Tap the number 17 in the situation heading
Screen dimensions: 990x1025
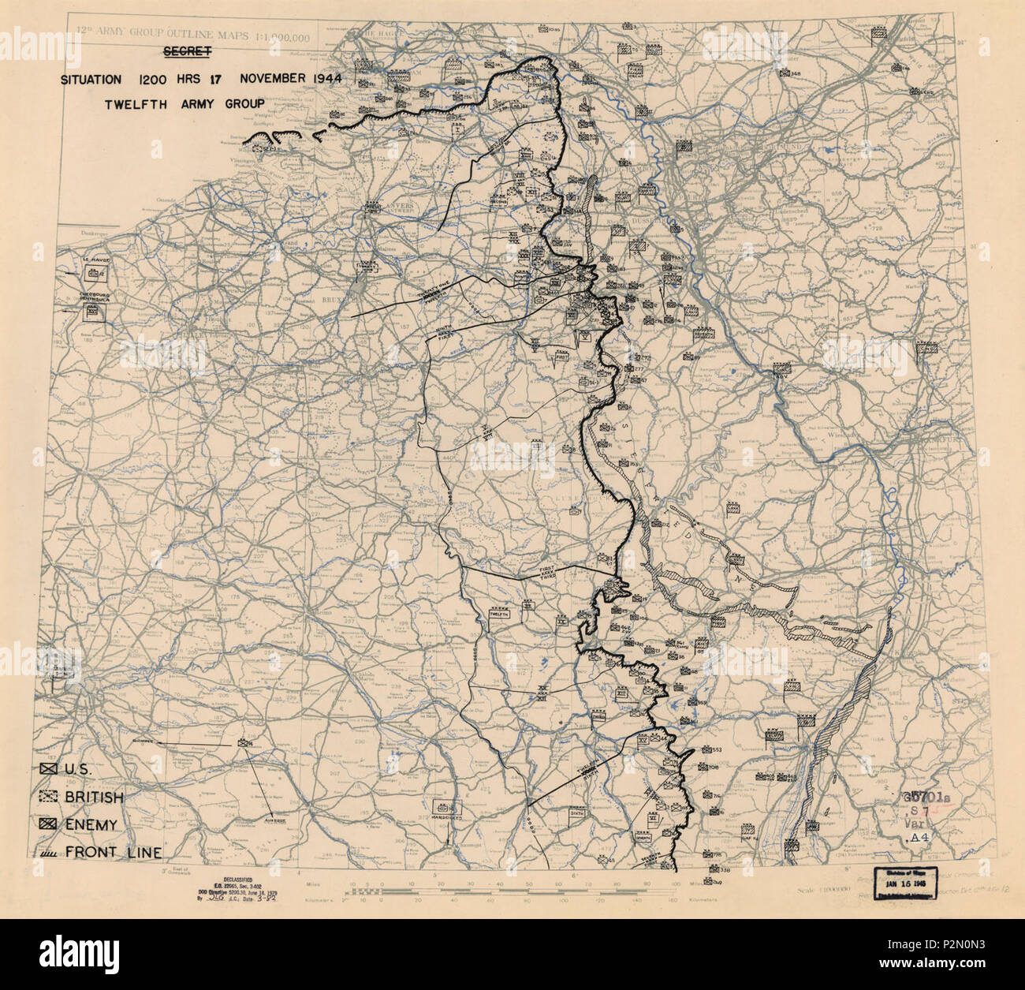click(x=223, y=80)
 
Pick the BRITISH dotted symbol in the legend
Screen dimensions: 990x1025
click(x=49, y=797)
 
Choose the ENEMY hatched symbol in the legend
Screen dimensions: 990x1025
click(x=49, y=824)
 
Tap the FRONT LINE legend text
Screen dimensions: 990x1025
click(x=114, y=852)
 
